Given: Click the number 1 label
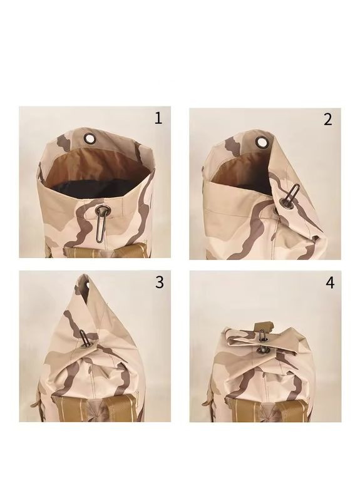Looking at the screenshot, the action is [x=158, y=118].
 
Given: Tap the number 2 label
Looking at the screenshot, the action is [x=327, y=119].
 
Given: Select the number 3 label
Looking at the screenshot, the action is [x=160, y=282].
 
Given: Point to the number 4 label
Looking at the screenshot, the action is [x=330, y=283].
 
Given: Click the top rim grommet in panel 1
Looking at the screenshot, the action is [x=90, y=138].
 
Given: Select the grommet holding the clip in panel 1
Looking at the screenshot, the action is [x=103, y=210].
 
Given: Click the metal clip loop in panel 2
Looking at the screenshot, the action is [x=292, y=194].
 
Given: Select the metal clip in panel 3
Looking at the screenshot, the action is [x=84, y=337].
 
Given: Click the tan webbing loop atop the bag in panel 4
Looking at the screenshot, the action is [x=264, y=327].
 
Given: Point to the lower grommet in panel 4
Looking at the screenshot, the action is [x=262, y=350].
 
